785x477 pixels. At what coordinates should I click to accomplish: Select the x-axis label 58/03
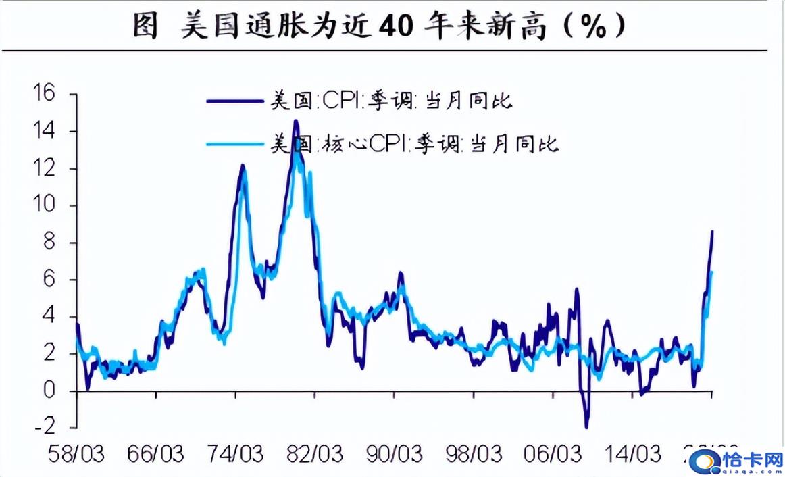[76, 453]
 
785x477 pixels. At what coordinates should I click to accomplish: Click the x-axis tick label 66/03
[156, 453]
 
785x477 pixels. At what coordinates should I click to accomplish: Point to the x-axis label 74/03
[236, 453]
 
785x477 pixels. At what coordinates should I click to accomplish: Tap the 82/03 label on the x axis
[315, 453]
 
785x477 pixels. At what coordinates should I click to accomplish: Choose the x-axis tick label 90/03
[395, 453]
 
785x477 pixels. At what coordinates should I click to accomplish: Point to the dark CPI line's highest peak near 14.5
[295, 122]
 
